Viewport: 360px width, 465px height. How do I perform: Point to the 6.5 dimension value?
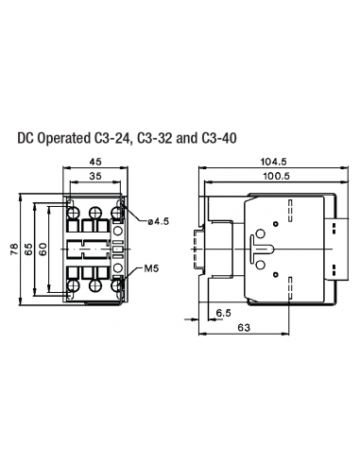(223, 311)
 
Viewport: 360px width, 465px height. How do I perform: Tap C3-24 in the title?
(115, 137)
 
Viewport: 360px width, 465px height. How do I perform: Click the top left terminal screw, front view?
(74, 214)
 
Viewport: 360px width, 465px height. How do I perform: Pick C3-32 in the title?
(158, 137)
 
